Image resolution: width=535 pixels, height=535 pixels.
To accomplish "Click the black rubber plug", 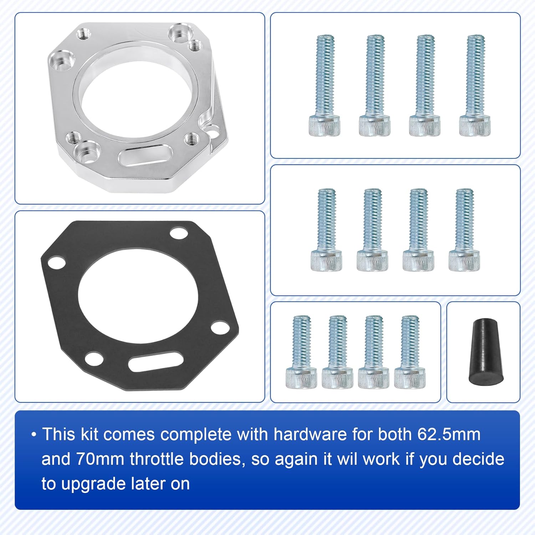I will pos(485,352).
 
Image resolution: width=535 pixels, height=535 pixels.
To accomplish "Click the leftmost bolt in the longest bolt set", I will pos(324,86).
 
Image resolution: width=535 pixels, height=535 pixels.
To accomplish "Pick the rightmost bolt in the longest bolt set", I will pos(475,86).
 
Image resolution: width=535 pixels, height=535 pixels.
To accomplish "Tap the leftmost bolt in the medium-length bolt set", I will pos(326,230).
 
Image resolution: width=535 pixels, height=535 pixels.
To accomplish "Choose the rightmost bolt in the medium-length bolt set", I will pos(464,230).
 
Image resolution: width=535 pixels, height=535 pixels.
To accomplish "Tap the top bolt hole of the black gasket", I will pos(179,234).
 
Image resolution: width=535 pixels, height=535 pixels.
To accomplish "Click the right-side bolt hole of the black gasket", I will pos(220,327).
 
